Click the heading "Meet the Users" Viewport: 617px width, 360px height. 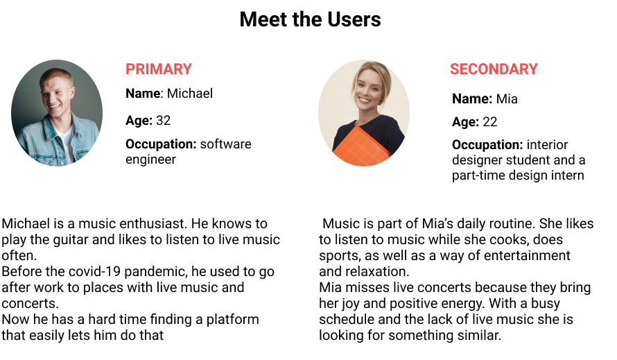pos(310,19)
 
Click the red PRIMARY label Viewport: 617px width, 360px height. pos(159,69)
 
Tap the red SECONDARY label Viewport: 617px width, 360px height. pos(494,69)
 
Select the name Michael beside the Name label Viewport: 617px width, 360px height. pos(190,94)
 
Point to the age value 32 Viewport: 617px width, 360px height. pos(164,121)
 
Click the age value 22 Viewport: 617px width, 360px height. pos(490,121)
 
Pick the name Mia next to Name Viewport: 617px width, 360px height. pos(507,98)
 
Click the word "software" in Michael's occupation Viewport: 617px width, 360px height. pos(225,144)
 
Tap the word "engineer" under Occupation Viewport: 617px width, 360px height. pos(150,160)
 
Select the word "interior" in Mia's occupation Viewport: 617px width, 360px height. pos(547,145)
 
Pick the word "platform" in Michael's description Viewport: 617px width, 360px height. pos(232,320)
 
